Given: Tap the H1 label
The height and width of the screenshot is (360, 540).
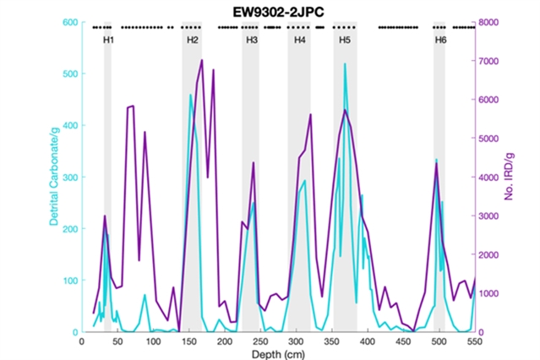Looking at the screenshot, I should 109,41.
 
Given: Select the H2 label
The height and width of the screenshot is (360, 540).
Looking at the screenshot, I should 192,41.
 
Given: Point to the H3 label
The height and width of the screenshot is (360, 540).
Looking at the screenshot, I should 252,41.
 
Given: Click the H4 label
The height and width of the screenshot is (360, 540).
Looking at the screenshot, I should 300,41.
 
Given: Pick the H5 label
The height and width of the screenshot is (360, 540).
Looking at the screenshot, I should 345,41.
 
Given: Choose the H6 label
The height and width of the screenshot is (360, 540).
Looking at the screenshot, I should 440,41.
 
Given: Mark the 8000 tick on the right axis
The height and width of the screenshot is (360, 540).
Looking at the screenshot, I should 489,23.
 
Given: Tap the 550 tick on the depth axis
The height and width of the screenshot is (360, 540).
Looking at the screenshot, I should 474,341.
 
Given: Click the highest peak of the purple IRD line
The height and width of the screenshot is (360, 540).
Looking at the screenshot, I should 202,60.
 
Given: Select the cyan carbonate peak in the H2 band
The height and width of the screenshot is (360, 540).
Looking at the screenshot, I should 190,95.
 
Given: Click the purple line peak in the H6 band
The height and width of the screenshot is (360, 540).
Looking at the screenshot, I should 436,163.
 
